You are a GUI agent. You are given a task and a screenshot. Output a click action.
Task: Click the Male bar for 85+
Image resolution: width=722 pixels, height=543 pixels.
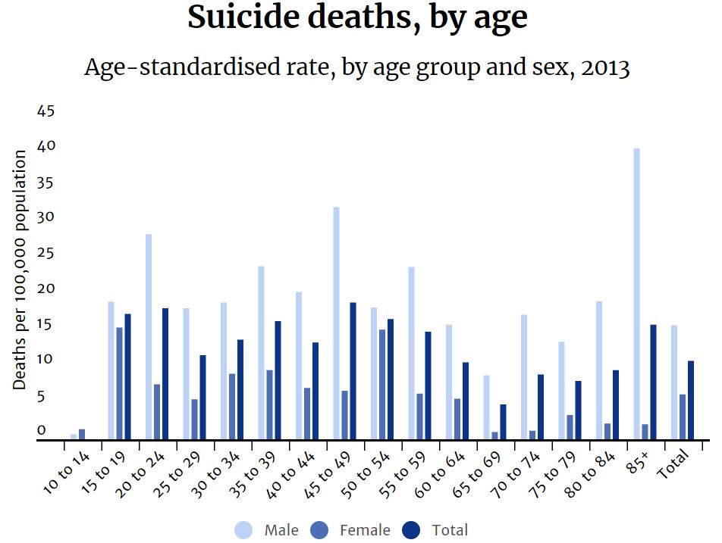click(637, 293)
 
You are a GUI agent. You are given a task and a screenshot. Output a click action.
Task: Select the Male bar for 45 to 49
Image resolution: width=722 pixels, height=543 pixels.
click(336, 323)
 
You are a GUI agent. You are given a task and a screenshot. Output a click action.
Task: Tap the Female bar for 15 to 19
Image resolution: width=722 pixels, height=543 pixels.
click(120, 383)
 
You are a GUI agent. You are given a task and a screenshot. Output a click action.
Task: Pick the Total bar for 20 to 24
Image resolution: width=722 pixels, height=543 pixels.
click(165, 373)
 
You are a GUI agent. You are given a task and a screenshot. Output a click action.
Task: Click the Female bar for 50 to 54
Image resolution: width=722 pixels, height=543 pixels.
click(382, 384)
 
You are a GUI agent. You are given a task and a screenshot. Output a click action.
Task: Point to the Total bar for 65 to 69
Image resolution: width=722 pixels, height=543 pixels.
click(503, 422)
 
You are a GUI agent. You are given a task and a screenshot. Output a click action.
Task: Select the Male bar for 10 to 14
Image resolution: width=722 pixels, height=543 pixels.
click(74, 436)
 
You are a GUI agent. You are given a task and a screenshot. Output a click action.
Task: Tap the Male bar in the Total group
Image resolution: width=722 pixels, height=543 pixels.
click(674, 382)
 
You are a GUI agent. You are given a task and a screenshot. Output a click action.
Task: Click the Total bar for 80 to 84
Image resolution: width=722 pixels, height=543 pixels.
click(616, 404)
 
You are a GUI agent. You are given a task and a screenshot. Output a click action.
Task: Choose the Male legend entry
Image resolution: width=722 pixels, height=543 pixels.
click(268, 530)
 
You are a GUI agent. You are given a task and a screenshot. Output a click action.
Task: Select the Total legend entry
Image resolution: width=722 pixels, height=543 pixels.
click(436, 530)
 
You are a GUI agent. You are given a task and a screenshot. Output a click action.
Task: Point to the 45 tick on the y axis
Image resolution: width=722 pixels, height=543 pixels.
click(46, 111)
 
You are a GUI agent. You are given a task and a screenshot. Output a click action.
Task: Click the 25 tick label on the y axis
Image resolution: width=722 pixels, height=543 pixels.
click(46, 253)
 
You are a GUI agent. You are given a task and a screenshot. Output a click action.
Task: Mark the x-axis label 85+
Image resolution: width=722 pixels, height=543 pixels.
click(638, 462)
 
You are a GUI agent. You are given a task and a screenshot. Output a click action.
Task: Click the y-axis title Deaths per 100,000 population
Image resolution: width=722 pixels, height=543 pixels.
click(20, 270)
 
